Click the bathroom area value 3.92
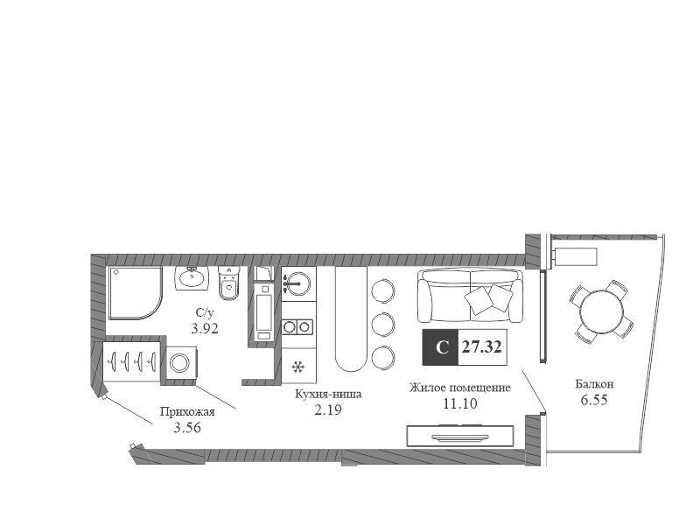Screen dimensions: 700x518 pos(205,329)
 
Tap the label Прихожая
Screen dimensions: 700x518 pos(187,411)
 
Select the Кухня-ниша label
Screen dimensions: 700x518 pos(328,395)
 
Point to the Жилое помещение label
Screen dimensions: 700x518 pos(460,387)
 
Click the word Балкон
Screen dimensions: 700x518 pos(594,383)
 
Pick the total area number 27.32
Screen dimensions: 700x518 pos(482,347)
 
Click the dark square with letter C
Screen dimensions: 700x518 pos(441,347)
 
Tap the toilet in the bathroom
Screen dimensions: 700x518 pos(229,283)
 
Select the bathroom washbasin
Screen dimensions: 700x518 pos(192,278)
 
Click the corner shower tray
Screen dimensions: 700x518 pos(135,293)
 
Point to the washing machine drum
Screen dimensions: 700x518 pos(180,362)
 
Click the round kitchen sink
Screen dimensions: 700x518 pos(298,283)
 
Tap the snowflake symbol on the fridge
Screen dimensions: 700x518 pos(297,367)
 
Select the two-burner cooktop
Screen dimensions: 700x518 pos(297,327)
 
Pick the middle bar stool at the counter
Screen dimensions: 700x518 pos(383,325)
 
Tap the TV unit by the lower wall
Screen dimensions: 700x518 pos(460,436)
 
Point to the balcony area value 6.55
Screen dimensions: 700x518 pos(594,400)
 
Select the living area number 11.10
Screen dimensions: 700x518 pos(460,403)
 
